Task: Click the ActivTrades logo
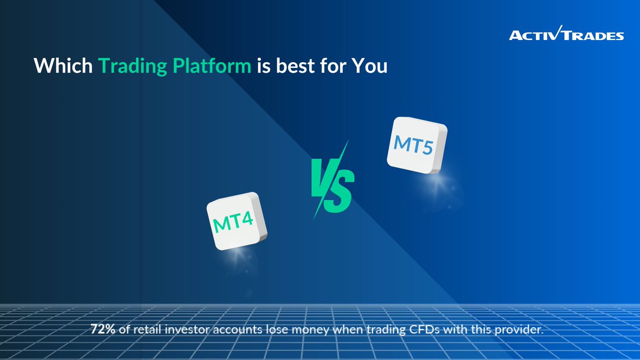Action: click(x=566, y=35)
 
